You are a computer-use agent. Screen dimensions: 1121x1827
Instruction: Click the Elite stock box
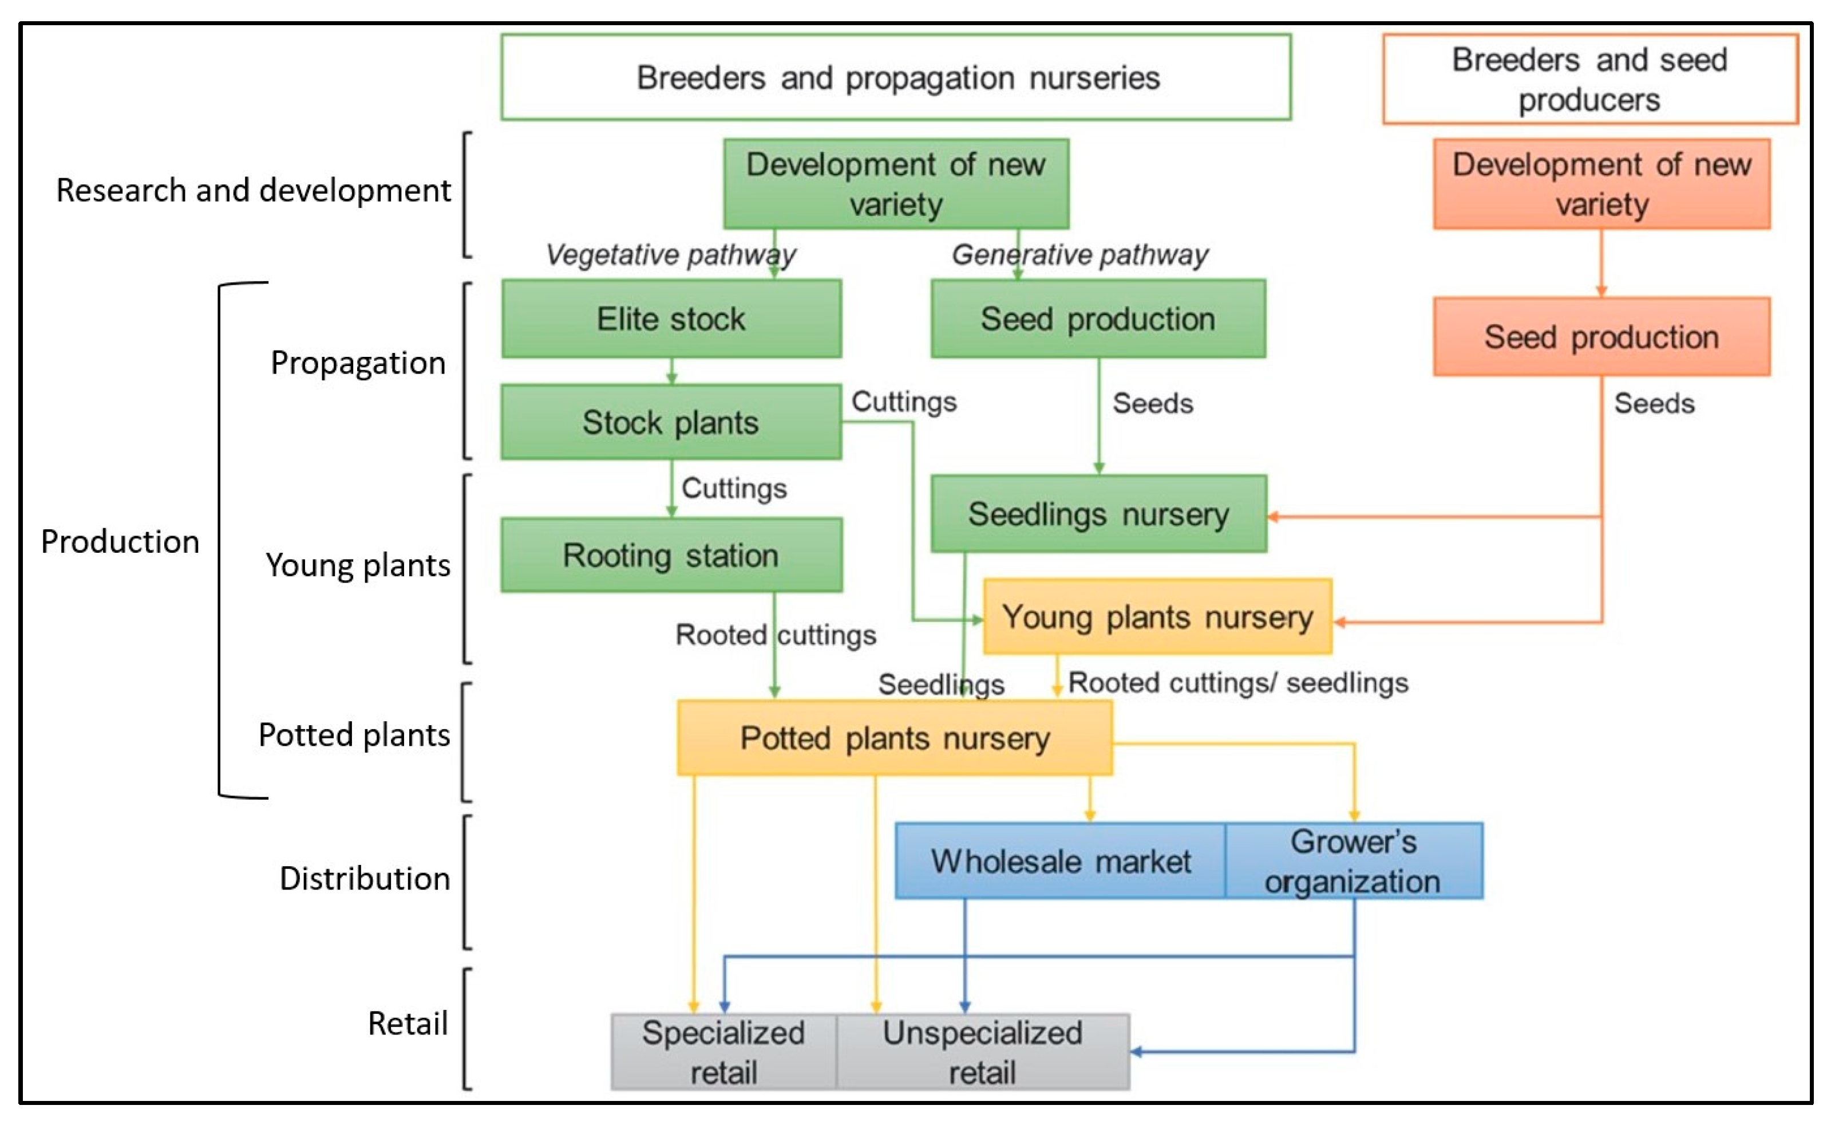click(671, 319)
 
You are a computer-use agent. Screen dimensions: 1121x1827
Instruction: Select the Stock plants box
click(671, 422)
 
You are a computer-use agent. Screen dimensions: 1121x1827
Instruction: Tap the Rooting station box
click(671, 555)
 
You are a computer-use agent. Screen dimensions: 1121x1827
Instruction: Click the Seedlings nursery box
click(1098, 514)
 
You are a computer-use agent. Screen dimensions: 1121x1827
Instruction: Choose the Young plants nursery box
click(1157, 617)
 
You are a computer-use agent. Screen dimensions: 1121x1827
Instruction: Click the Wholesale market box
click(1060, 862)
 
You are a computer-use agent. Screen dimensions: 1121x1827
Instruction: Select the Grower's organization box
click(1353, 862)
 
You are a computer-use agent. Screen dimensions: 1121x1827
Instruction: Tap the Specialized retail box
click(723, 1052)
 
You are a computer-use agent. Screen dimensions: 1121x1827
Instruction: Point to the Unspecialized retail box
click(982, 1052)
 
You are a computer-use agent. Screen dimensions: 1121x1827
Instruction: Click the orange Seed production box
click(1601, 337)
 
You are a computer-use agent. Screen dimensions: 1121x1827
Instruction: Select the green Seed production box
click(1098, 319)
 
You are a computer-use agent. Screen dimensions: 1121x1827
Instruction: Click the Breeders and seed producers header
click(1589, 78)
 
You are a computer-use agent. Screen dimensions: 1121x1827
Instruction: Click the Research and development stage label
click(253, 191)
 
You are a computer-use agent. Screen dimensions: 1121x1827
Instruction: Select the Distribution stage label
click(364, 878)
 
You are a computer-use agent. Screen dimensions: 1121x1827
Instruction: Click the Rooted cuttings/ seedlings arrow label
click(1237, 683)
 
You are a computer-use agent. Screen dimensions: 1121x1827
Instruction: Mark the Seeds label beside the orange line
click(1654, 404)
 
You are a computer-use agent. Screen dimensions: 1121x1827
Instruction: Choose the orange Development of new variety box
click(1601, 184)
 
